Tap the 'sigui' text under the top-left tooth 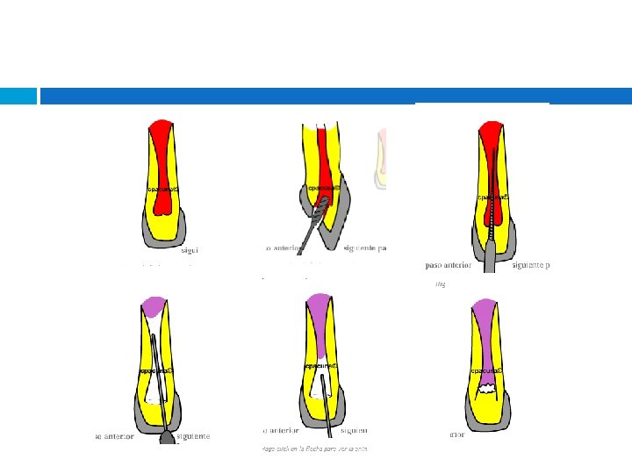pyautogui.click(x=190, y=250)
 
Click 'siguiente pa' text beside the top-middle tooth pyautogui.click(x=366, y=248)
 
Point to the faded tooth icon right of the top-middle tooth pyautogui.click(x=381, y=158)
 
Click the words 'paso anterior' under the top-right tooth pyautogui.click(x=448, y=264)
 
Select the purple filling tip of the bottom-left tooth pyautogui.click(x=156, y=306)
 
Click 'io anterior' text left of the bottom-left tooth pyautogui.click(x=114, y=435)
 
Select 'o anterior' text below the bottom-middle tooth pyautogui.click(x=281, y=430)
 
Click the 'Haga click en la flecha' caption pyautogui.click(x=312, y=449)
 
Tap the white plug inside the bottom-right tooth pyautogui.click(x=485, y=383)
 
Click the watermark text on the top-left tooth pyautogui.click(x=163, y=189)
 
